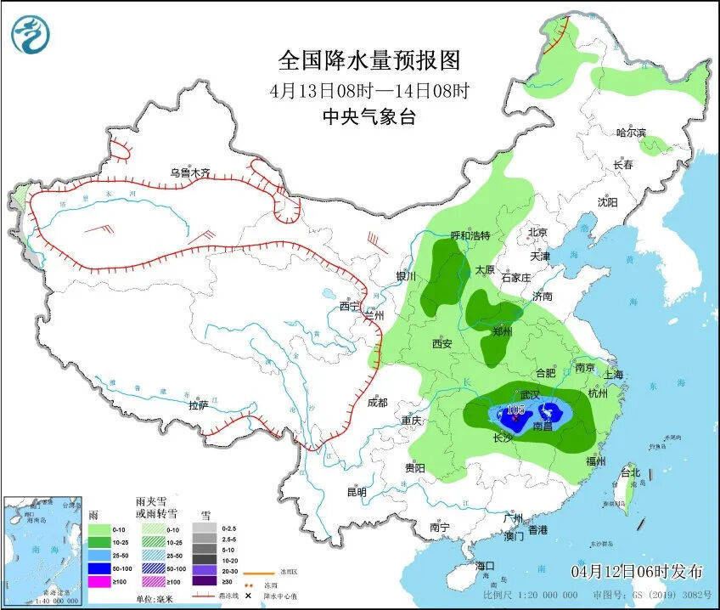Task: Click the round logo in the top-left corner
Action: point(31,34)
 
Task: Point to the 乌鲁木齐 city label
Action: point(188,172)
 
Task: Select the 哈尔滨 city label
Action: point(631,133)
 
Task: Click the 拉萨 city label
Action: point(198,405)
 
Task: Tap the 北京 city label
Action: point(538,232)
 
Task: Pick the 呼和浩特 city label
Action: point(470,235)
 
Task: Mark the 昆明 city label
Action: point(357,492)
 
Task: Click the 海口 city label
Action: point(485,566)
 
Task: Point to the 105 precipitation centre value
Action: point(515,409)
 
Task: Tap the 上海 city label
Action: point(612,375)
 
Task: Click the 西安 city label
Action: point(442,344)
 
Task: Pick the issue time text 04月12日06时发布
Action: point(637,568)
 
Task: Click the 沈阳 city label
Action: point(607,202)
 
